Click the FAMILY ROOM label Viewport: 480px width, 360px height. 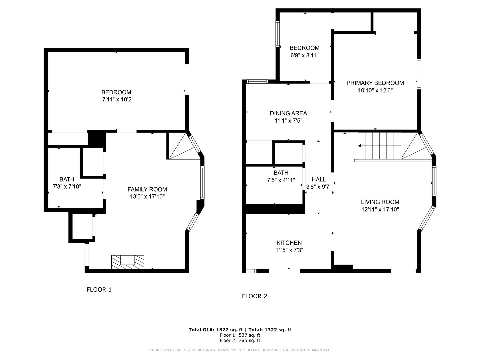click(x=147, y=189)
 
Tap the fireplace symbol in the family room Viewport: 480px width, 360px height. click(x=127, y=262)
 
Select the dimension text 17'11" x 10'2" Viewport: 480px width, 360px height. click(x=116, y=99)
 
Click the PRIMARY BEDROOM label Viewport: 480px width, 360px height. click(x=375, y=83)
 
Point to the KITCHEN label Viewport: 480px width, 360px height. click(x=289, y=243)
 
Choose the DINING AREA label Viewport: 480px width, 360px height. click(x=288, y=113)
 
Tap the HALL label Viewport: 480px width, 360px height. click(x=319, y=179)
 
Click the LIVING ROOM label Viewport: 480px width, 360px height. click(x=380, y=202)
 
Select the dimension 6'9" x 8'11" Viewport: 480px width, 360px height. click(x=304, y=55)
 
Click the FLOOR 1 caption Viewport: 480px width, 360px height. click(x=99, y=290)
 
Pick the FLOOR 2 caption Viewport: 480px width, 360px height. click(x=254, y=296)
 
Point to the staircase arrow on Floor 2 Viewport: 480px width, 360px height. click(x=360, y=146)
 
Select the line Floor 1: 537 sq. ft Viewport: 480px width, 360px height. click(x=240, y=335)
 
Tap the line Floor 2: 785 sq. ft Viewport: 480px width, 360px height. click(x=240, y=340)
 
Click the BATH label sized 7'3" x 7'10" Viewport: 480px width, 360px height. click(x=67, y=180)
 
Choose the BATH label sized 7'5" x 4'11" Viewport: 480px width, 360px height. click(x=281, y=173)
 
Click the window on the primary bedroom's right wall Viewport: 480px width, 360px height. click(x=419, y=74)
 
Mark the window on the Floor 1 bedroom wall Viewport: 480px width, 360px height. click(x=187, y=79)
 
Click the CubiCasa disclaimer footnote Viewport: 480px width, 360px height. click(x=240, y=350)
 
